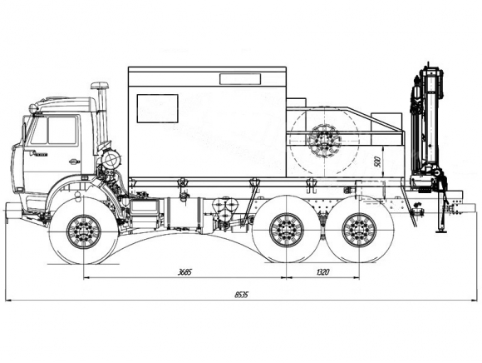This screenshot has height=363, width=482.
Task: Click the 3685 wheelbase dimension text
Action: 184,272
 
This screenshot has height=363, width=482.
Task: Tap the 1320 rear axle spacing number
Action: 322,272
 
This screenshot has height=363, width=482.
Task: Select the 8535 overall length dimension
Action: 241,295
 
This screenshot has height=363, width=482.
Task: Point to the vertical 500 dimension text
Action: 378,162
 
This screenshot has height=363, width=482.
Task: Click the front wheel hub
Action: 84,231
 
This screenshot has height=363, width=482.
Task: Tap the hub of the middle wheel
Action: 287,230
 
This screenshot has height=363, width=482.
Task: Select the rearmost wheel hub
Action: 359,230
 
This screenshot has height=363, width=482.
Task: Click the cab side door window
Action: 62,130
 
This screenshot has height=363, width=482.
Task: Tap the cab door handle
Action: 75,162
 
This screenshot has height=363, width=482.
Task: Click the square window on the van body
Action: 157,108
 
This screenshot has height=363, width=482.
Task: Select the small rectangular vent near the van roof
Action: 240,79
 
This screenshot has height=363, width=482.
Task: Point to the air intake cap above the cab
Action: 100,85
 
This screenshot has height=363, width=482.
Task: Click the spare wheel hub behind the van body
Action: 325,142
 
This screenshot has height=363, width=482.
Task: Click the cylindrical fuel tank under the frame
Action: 183,214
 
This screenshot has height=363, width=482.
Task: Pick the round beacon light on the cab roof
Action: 33,108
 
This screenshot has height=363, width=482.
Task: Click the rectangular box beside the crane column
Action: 386,129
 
